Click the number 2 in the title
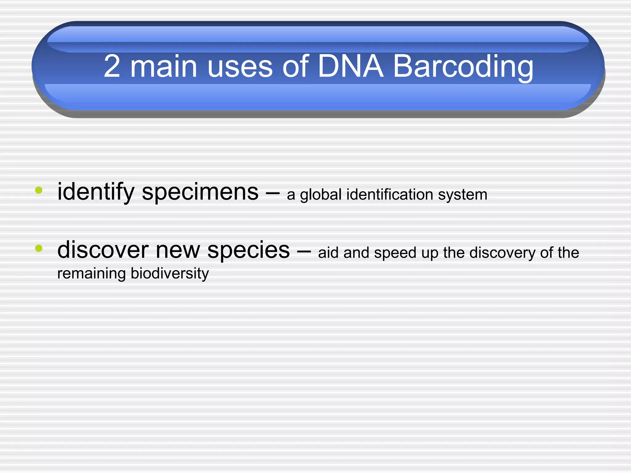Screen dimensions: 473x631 click(x=112, y=66)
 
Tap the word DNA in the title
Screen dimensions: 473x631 click(x=350, y=66)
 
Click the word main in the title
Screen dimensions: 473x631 click(x=164, y=66)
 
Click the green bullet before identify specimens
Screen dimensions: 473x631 click(x=39, y=190)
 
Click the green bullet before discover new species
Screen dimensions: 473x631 click(x=39, y=248)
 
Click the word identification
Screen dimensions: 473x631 click(x=390, y=195)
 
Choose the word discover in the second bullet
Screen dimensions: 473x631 click(x=103, y=250)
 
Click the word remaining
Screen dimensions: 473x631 click(x=91, y=274)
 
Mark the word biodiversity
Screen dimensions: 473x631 click(x=169, y=274)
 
